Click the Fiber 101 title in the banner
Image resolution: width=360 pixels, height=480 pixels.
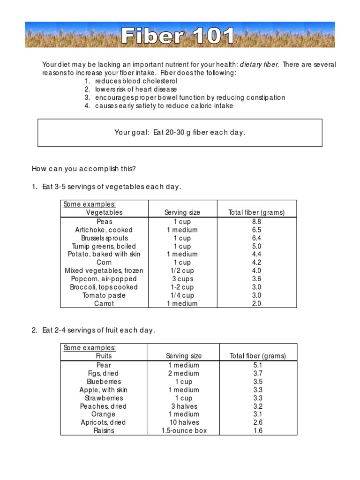(x=178, y=36)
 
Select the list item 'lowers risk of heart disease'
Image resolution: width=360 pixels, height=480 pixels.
(x=136, y=89)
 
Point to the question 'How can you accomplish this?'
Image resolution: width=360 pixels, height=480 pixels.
(x=83, y=169)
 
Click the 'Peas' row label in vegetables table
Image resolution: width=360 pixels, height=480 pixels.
(x=104, y=221)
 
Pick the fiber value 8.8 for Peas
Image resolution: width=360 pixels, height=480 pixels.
(x=256, y=221)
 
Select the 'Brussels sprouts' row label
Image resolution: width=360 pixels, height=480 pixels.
(x=104, y=238)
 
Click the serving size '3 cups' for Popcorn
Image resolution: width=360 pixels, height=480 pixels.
(x=182, y=279)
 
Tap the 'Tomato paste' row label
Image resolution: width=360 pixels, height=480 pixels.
(x=104, y=295)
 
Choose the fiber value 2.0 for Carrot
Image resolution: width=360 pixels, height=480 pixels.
(x=256, y=303)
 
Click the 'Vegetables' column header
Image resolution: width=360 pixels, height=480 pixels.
(x=104, y=212)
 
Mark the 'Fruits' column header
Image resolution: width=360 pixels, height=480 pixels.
(x=104, y=356)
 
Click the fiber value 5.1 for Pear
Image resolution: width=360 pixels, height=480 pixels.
(x=258, y=365)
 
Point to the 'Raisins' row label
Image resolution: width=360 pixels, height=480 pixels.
(x=104, y=430)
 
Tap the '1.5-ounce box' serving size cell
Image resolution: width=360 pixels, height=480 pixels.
(x=184, y=430)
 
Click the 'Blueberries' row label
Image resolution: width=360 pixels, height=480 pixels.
(x=104, y=382)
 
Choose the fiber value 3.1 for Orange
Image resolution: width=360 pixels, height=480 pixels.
(x=258, y=414)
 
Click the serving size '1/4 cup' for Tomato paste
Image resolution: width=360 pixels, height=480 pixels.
(x=182, y=295)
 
